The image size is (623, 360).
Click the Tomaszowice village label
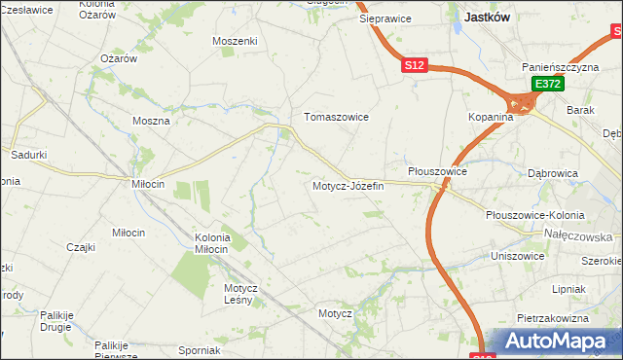coord(336,117)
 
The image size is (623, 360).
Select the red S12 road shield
coord(415,65)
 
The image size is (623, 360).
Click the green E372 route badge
coord(546,86)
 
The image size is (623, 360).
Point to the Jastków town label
coord(490,17)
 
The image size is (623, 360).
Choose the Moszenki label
coord(234,41)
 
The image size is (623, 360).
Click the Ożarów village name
coord(119,58)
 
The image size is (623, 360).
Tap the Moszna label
coord(151,122)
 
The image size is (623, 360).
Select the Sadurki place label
coord(28,154)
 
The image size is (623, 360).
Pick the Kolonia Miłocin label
coord(212,243)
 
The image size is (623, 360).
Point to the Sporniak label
coord(200,350)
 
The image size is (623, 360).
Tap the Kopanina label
coord(489,117)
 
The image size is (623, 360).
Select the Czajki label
coord(81,247)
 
